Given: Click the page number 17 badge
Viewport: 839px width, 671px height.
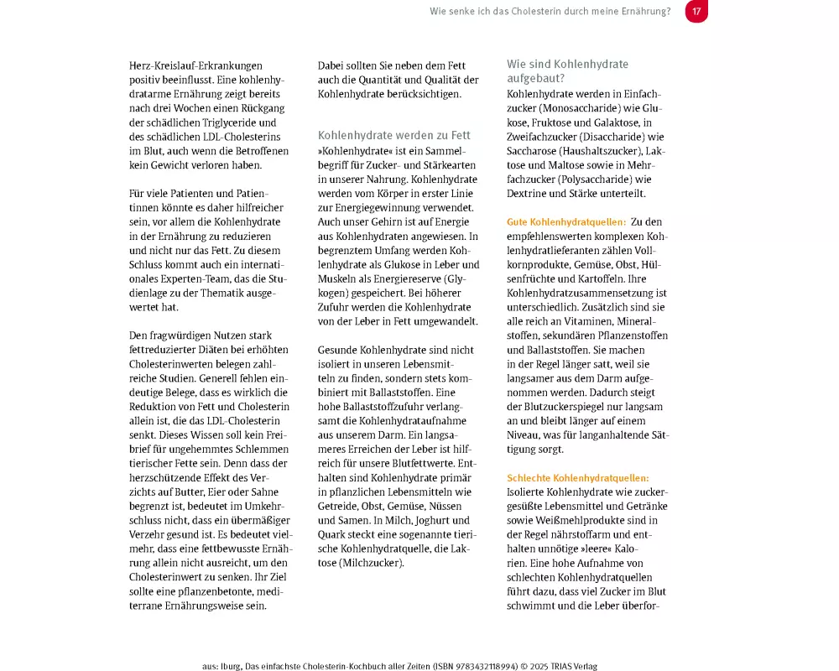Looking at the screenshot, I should pyautogui.click(x=696, y=11).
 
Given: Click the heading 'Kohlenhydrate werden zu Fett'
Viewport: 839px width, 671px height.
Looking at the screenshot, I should pyautogui.click(x=393, y=135).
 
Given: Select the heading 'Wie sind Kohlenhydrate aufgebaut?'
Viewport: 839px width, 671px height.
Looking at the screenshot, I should pyautogui.click(x=567, y=70).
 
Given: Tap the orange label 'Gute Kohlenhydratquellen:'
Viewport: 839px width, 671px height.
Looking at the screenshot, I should pyautogui.click(x=566, y=222).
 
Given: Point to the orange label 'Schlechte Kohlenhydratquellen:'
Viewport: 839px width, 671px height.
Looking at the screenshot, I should pyautogui.click(x=578, y=478).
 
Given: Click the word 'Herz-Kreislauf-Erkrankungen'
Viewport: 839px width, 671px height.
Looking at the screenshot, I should pyautogui.click(x=196, y=65).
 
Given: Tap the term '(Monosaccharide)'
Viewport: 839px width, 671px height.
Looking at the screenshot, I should pyautogui.click(x=558, y=108).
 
